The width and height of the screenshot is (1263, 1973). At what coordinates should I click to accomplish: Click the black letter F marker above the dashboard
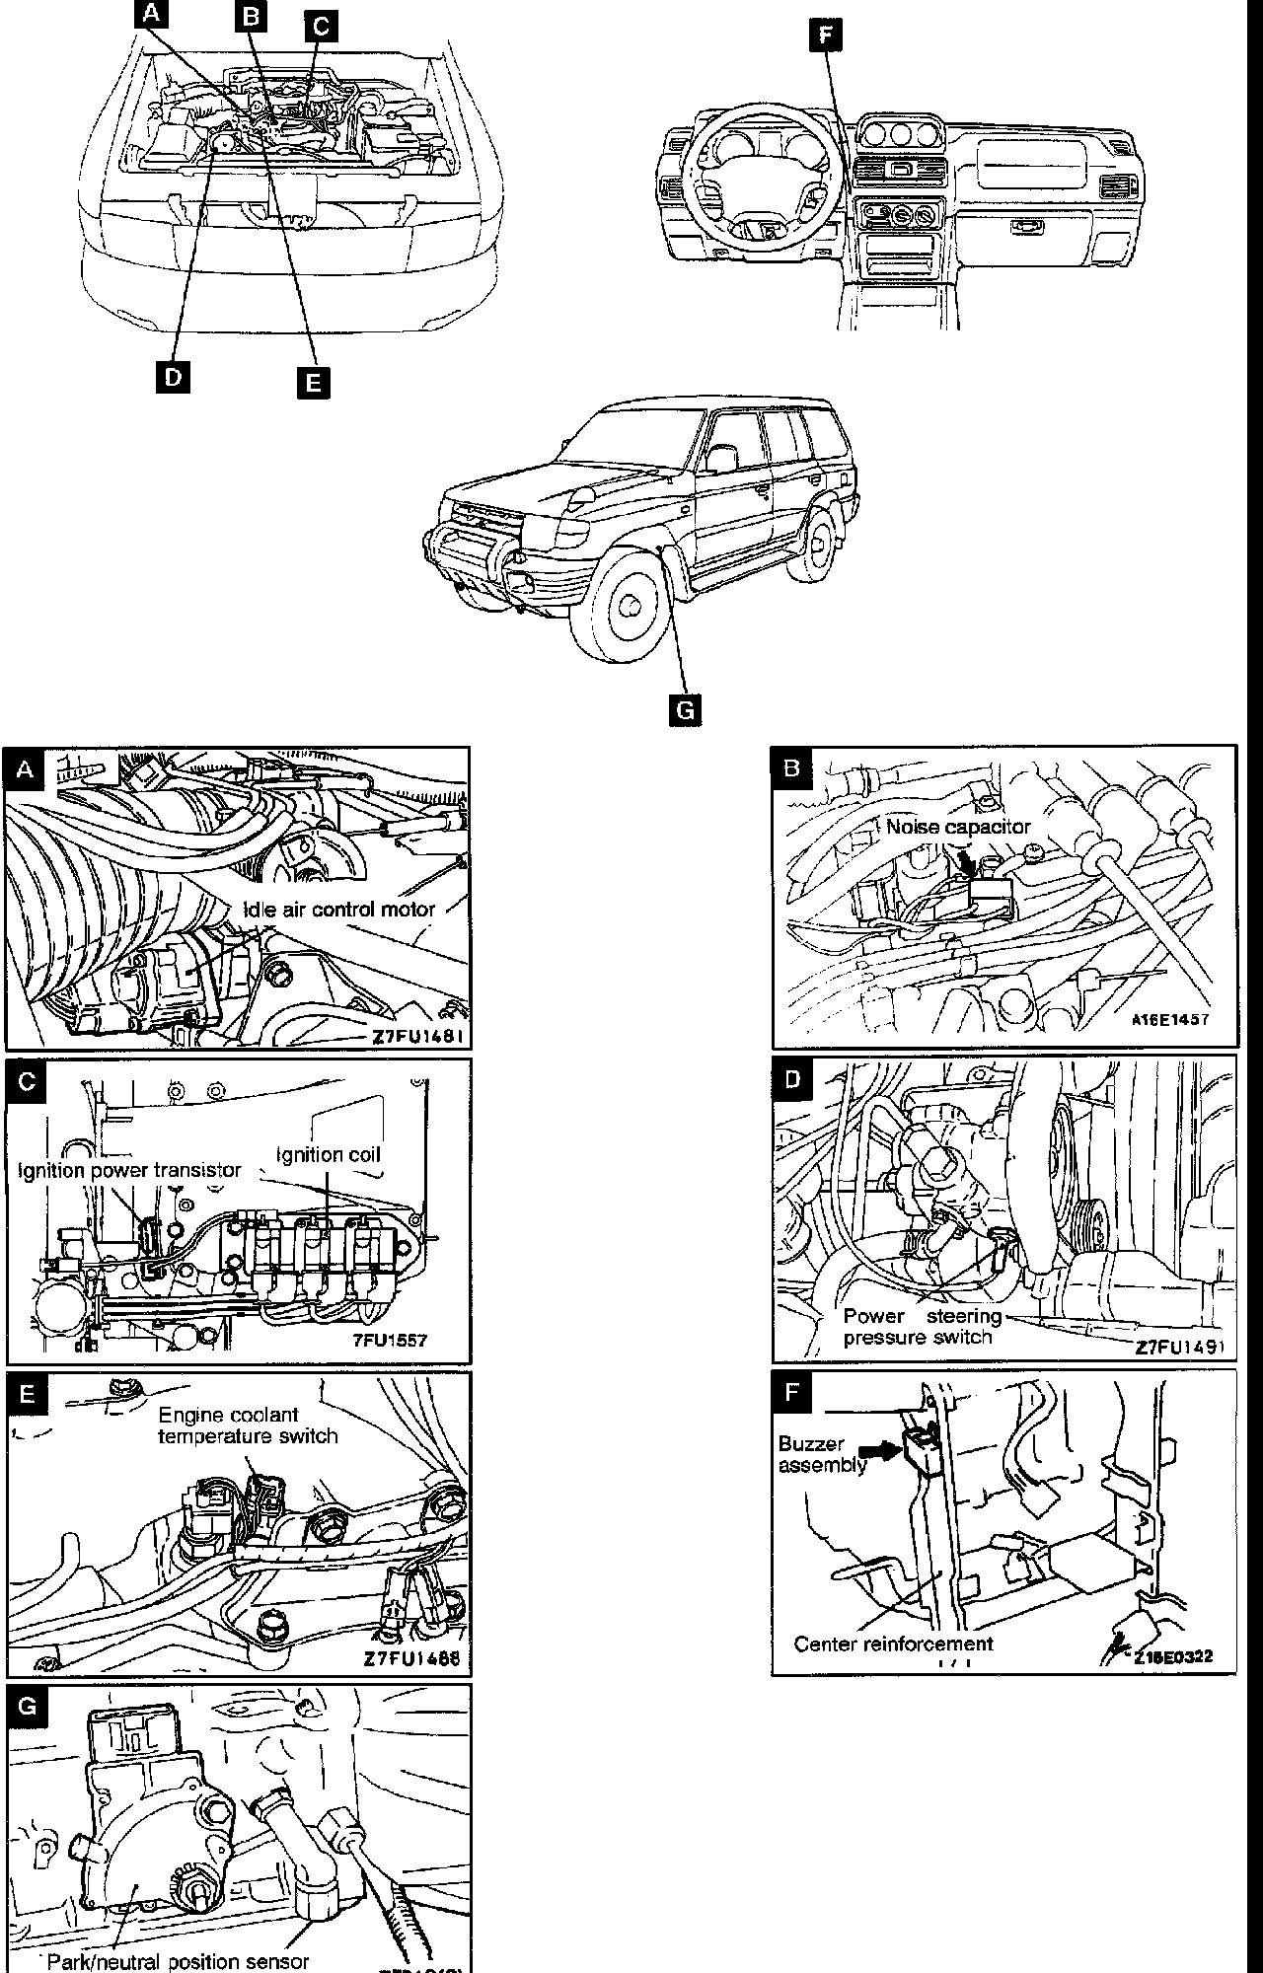(826, 36)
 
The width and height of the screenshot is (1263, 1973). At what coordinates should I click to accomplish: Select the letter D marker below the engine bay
(173, 377)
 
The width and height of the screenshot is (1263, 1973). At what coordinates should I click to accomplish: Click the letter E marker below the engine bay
(314, 382)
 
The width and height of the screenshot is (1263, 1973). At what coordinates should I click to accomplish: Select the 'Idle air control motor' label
(339, 909)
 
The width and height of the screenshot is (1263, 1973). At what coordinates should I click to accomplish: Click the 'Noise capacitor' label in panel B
(957, 827)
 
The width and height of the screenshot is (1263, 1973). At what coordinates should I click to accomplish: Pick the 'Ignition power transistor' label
(129, 1170)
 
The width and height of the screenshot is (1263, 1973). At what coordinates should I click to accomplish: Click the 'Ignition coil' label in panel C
(328, 1154)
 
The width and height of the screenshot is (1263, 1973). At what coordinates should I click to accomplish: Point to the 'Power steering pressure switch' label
(922, 1327)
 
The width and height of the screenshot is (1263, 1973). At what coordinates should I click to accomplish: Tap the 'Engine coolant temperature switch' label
(248, 1425)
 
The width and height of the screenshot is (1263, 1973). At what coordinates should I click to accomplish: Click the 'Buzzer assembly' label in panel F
(821, 1454)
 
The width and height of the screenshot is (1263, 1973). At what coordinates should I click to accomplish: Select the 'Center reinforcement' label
(893, 1644)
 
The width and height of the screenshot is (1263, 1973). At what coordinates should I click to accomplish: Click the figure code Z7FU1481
(417, 1037)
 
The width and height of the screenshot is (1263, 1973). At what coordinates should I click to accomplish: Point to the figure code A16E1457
(1169, 1020)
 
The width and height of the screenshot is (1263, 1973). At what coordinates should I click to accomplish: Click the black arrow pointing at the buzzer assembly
(880, 1450)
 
